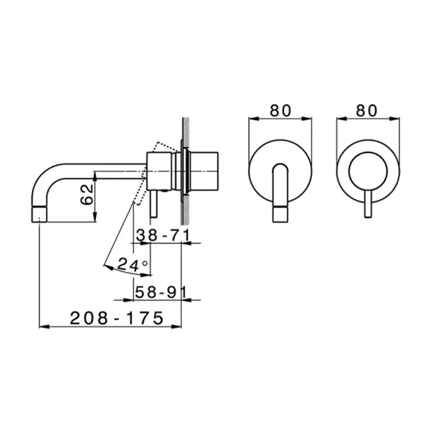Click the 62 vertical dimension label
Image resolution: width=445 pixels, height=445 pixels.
click(87, 195)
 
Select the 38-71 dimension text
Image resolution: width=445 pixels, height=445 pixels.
click(163, 235)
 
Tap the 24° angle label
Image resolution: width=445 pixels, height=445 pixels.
click(132, 264)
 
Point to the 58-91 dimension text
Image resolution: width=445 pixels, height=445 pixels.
click(161, 292)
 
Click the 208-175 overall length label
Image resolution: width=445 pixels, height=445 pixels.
click(117, 318)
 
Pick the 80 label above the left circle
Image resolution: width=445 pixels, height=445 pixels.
click(280, 111)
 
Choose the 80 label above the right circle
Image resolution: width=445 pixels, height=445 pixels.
click(367, 111)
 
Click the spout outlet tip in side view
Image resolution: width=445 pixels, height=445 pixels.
click(39, 214)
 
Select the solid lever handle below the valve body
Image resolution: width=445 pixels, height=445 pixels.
click(154, 203)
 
